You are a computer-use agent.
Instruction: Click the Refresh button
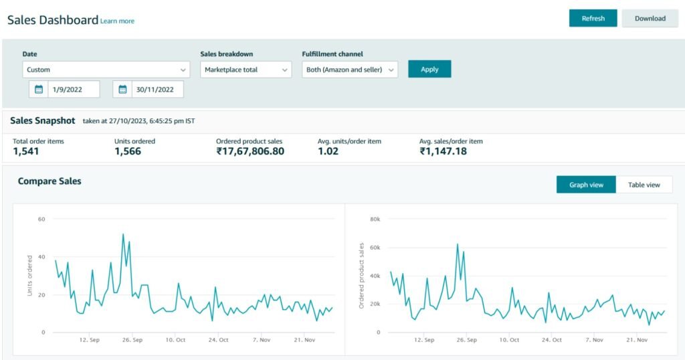[593, 18]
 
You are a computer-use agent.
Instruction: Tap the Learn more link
[117, 21]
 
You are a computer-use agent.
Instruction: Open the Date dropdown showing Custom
[106, 70]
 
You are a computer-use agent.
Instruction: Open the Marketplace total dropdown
[246, 70]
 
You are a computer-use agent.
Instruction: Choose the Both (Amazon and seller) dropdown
[350, 70]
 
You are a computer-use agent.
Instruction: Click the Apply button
[429, 69]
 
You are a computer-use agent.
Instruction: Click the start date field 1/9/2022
[74, 90]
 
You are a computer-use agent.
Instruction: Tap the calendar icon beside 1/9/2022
[38, 90]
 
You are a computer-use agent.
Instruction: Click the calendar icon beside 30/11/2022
[122, 90]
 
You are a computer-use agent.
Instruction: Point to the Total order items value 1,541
[26, 151]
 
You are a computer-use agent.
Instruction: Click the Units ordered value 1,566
[128, 151]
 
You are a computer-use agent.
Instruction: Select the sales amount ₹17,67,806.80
[250, 151]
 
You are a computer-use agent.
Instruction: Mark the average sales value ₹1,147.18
[443, 151]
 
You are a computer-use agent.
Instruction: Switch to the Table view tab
[644, 185]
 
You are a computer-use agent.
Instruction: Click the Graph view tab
[586, 185]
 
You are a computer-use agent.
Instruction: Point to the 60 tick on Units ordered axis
[41, 219]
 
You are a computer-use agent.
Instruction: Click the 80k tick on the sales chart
[375, 219]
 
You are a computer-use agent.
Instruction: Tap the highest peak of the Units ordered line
[123, 234]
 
